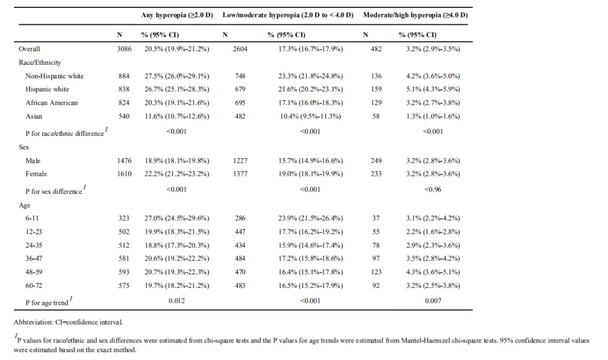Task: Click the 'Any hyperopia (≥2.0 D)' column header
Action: (x=177, y=15)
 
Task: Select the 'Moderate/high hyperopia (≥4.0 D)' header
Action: (x=415, y=15)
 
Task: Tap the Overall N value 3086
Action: (x=124, y=49)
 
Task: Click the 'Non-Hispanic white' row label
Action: (x=54, y=76)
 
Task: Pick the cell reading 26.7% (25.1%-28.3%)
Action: (x=177, y=89)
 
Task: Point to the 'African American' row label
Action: (x=52, y=103)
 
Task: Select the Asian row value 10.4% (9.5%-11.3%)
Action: (x=310, y=117)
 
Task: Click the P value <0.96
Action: (x=433, y=189)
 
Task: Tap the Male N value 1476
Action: (x=124, y=161)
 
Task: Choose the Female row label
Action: (x=36, y=174)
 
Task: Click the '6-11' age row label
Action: (x=32, y=219)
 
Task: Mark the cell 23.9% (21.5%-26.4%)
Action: (x=310, y=219)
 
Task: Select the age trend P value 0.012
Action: (x=176, y=301)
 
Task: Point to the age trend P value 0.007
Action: (x=433, y=301)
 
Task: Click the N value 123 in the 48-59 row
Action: (x=376, y=272)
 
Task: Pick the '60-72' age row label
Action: (x=34, y=286)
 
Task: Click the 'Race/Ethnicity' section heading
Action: (x=39, y=63)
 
